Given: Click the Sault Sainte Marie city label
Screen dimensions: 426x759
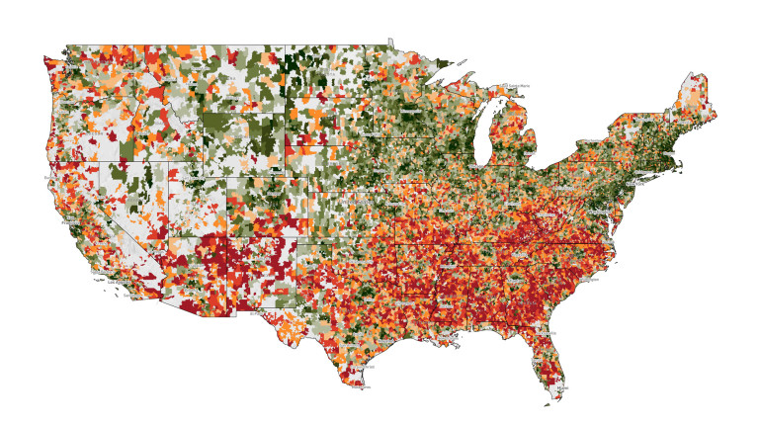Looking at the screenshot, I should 514,87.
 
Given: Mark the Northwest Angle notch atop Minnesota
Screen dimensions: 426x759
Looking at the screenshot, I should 390,42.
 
